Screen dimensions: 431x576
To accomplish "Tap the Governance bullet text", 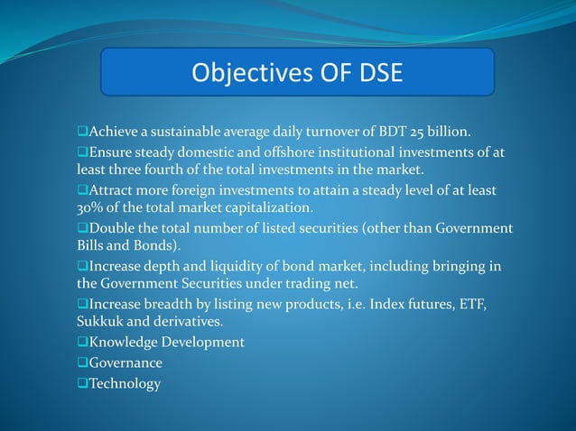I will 125,363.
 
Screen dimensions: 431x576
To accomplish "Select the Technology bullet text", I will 125,384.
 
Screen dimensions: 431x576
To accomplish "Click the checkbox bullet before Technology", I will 82,384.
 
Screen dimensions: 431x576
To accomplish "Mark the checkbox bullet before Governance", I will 82,363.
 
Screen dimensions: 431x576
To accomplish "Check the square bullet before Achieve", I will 82,134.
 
